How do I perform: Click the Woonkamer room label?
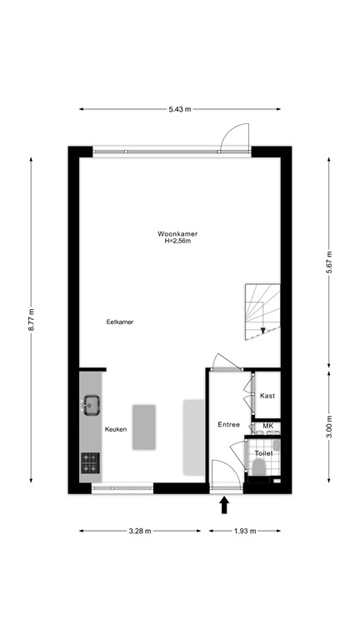coord(177,234)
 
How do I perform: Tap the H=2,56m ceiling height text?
coord(177,242)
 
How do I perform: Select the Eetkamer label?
coord(120,322)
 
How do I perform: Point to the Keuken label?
coord(116,429)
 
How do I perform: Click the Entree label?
coord(229,425)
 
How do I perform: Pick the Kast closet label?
coord(267,396)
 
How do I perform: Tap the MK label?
coord(267,427)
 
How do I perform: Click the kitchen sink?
coord(91,407)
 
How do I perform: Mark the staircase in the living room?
coord(262,312)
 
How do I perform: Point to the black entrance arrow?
coord(223,504)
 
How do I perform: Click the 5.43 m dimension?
coord(180,109)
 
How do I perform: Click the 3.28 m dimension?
coord(139,530)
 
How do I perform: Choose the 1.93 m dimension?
coord(243,530)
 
